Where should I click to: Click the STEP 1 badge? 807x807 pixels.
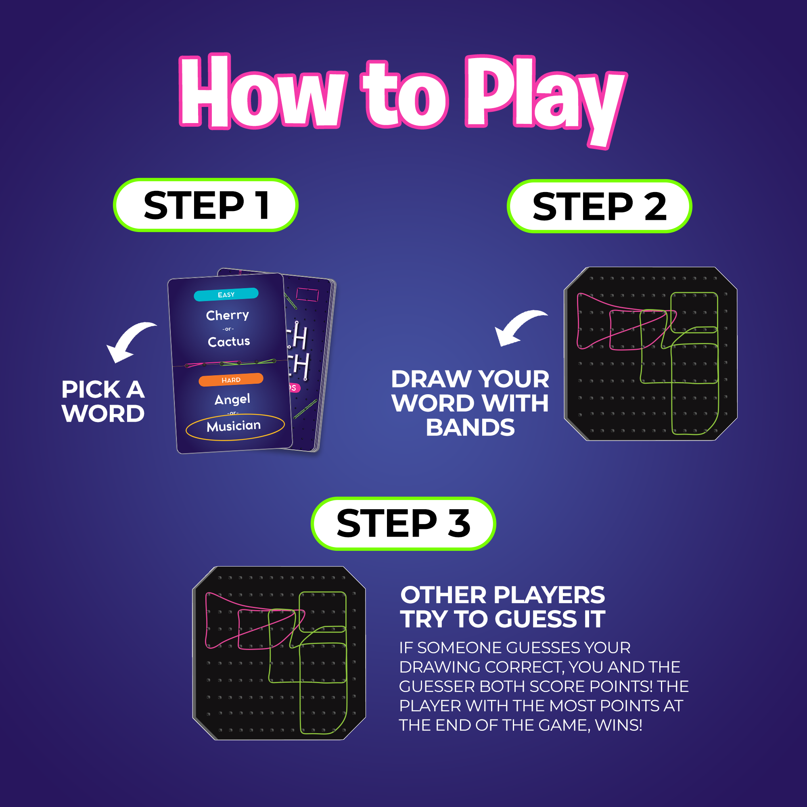(205, 205)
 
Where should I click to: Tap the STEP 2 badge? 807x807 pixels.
(600, 206)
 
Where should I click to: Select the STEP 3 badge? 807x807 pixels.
(403, 523)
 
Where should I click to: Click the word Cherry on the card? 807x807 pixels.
(227, 315)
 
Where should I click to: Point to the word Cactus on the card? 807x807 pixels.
(229, 341)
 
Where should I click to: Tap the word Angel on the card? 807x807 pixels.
(232, 399)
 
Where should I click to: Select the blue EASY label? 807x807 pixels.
(226, 295)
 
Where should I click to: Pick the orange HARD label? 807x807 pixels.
(230, 380)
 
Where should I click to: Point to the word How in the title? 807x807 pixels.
(263, 92)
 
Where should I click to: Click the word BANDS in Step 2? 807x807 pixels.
(470, 427)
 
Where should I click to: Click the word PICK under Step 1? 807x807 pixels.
(91, 389)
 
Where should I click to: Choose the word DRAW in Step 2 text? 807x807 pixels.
(431, 379)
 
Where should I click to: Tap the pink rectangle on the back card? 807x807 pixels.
(307, 295)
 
